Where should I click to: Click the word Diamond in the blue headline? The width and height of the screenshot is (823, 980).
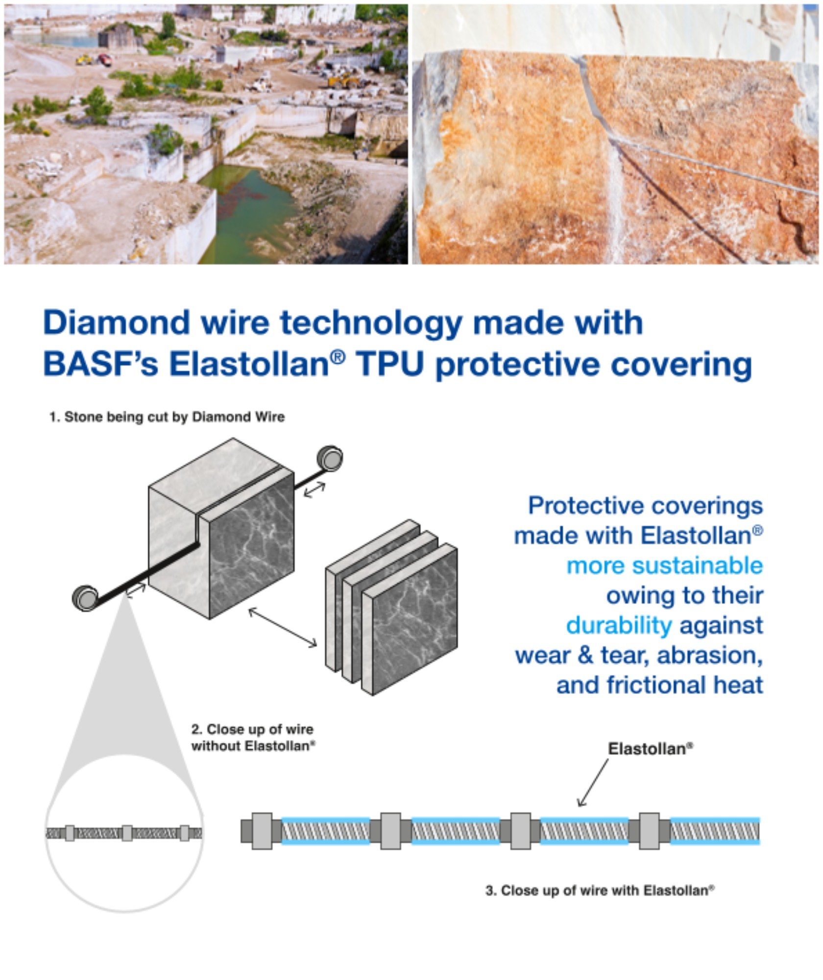117,323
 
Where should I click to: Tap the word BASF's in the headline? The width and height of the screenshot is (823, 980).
100,365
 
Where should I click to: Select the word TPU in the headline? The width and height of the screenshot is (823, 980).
389,365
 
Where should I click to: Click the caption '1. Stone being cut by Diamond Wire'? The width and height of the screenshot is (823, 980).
167,417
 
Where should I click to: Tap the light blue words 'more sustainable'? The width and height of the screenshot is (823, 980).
664,566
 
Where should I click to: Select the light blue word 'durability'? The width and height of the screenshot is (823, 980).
619,626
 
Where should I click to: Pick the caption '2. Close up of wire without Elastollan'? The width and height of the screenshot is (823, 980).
252,737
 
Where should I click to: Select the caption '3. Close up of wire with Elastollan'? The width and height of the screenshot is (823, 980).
599,890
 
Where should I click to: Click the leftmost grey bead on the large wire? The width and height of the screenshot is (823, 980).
262,831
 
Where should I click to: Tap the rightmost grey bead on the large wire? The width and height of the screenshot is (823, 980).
649,831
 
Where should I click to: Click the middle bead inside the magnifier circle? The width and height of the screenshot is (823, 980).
127,833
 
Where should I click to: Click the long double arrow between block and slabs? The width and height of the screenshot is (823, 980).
283,628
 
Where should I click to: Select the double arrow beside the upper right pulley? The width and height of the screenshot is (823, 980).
315,490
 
